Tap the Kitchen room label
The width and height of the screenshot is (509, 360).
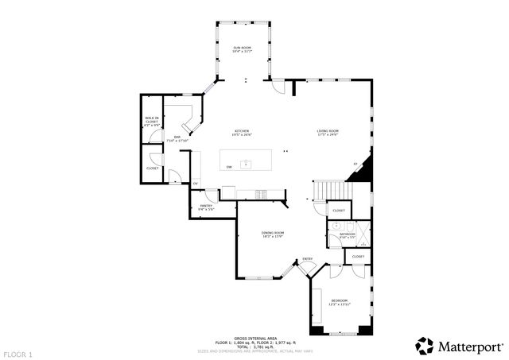pyautogui.click(x=242, y=132)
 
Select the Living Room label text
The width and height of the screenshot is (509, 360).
pyautogui.click(x=328, y=132)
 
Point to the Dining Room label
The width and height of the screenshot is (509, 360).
pyautogui.click(x=273, y=234)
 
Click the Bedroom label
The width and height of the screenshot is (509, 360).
pyautogui.click(x=340, y=301)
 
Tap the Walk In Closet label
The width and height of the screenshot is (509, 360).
pyautogui.click(x=151, y=122)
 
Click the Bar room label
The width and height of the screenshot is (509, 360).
pyautogui.click(x=177, y=138)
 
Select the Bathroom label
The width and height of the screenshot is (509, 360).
pyautogui.click(x=348, y=234)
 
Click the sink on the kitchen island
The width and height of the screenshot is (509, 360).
pyautogui.click(x=247, y=165)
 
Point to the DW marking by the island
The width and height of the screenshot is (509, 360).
pyautogui.click(x=229, y=167)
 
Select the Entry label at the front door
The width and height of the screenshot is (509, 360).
pyautogui.click(x=308, y=259)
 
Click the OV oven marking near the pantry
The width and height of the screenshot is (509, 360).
pyautogui.click(x=195, y=184)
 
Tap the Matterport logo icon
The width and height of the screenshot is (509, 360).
pyautogui.click(x=425, y=346)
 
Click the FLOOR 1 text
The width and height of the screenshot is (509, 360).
pyautogui.click(x=17, y=353)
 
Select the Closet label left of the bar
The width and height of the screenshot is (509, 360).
pyautogui.click(x=152, y=168)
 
